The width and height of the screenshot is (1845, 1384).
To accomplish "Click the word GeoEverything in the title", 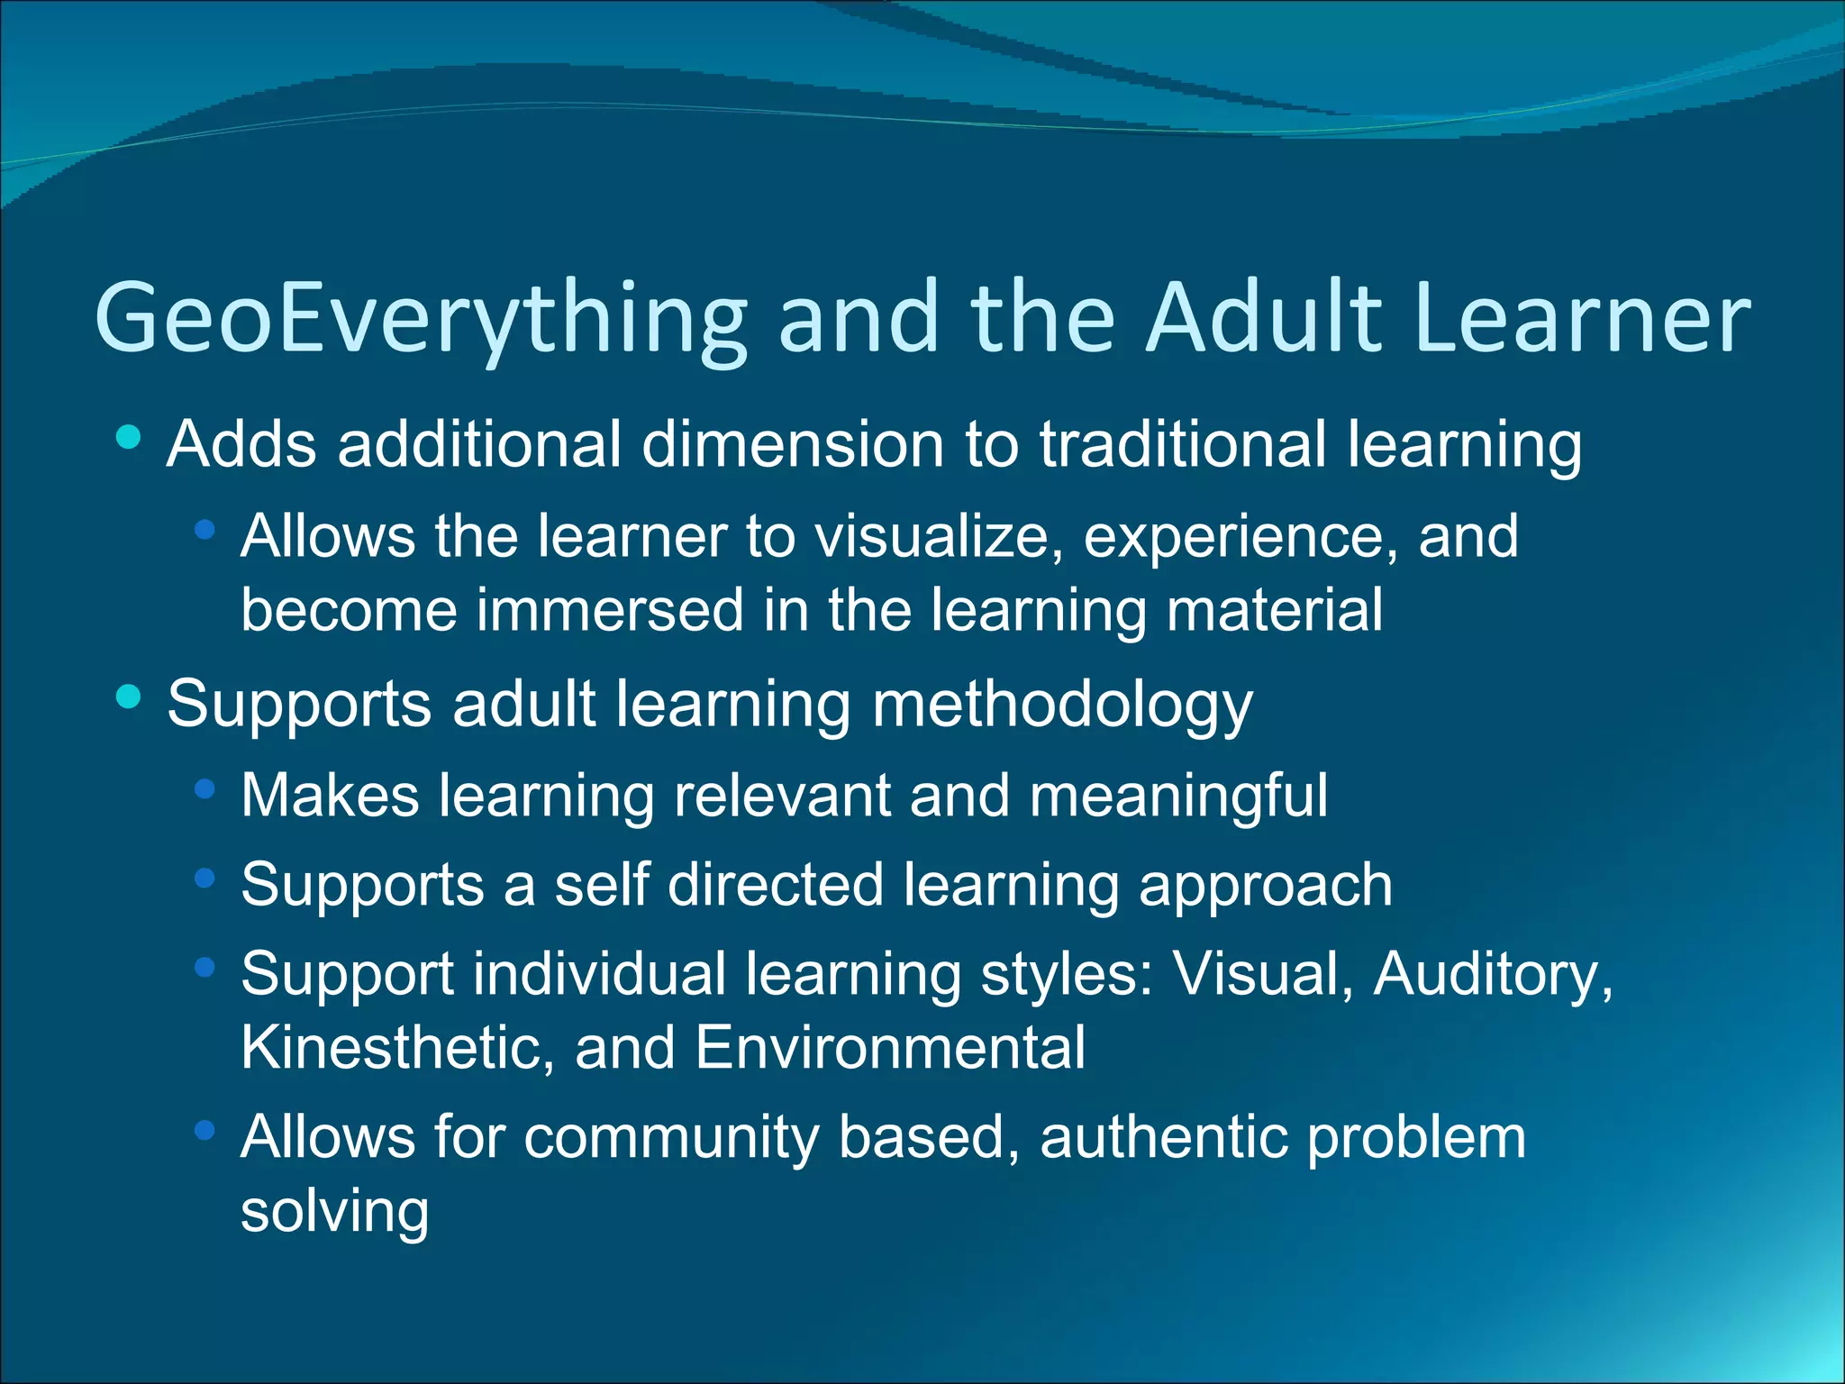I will pyautogui.click(x=421, y=318).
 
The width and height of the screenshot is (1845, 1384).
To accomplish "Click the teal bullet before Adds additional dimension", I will pyautogui.click(x=129, y=438).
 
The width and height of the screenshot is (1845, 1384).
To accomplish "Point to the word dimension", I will pyautogui.click(x=792, y=444).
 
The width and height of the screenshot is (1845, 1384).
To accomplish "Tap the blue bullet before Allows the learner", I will pyautogui.click(x=204, y=531).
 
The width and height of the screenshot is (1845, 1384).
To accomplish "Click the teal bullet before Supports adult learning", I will pyautogui.click(x=129, y=697).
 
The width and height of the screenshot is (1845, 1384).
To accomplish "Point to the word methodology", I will pyautogui.click(x=1062, y=705).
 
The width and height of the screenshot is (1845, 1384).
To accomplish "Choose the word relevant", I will pyautogui.click(x=781, y=796).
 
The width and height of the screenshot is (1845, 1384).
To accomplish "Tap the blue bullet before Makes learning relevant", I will pyautogui.click(x=204, y=789).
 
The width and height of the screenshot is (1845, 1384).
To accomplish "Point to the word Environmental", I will pyautogui.click(x=890, y=1048).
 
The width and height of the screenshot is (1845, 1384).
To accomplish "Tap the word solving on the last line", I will pyautogui.click(x=334, y=1212).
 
